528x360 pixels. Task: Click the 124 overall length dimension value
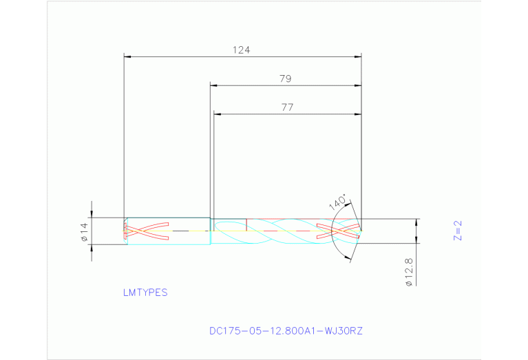241,50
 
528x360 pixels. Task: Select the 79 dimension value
285,79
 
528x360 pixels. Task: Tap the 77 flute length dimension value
287,107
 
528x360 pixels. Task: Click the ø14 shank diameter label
84,232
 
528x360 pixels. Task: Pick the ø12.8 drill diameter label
409,272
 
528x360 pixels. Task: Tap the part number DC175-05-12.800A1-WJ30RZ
286,331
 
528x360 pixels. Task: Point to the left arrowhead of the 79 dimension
213,86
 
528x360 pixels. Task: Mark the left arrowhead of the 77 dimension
218,114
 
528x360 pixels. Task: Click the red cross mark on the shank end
146,231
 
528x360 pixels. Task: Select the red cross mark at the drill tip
338,230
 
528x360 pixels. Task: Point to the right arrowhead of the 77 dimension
358,114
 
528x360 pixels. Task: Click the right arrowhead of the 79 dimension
358,86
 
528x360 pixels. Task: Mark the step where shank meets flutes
211,231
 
